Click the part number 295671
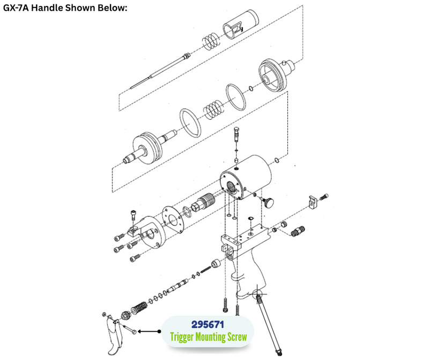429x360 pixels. pyautogui.click(x=208, y=325)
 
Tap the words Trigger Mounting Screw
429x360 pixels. pyautogui.click(x=208, y=337)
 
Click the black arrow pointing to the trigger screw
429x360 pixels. pyautogui.click(x=149, y=332)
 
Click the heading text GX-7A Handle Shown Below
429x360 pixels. pyautogui.click(x=65, y=8)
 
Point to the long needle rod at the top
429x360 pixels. pyautogui.click(x=160, y=71)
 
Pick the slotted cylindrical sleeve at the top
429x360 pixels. pyautogui.click(x=240, y=24)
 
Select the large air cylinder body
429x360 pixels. pyautogui.click(x=246, y=177)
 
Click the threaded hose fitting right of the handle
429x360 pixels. pyautogui.click(x=298, y=231)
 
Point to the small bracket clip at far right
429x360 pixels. pyautogui.click(x=313, y=202)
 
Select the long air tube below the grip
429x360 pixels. pyautogui.click(x=269, y=323)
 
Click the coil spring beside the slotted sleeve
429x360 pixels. pyautogui.click(x=211, y=41)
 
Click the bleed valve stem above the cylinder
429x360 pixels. pyautogui.click(x=236, y=134)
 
